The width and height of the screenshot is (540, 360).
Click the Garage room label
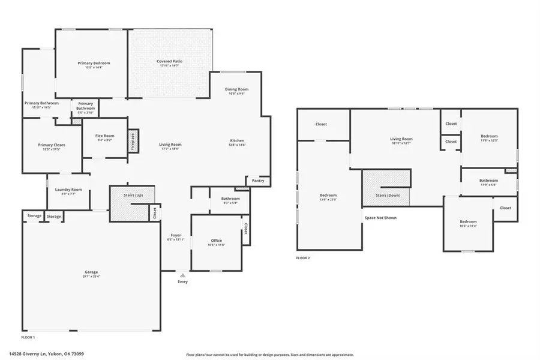pos(91,272)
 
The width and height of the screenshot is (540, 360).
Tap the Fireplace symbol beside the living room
pos(133,142)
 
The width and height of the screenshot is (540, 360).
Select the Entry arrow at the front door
pos(182,275)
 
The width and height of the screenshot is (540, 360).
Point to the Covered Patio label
pos(170,61)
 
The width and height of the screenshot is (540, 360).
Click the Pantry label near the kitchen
pos(258,181)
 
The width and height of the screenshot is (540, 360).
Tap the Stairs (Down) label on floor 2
pos(387,196)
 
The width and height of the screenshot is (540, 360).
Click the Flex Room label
pos(105,136)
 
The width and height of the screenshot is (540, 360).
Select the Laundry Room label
pos(68,190)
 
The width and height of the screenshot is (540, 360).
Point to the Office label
pos(216,241)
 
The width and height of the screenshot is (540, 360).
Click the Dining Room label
pos(236,89)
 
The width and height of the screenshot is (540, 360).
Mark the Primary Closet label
pos(52,145)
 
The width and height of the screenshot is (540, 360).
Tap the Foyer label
pos(176,235)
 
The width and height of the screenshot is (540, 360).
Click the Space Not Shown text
pos(380,218)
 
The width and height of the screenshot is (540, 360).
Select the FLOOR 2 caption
pos(302,258)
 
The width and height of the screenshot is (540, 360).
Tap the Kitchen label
pos(238,141)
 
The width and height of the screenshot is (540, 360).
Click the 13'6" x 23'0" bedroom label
pos(328,196)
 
